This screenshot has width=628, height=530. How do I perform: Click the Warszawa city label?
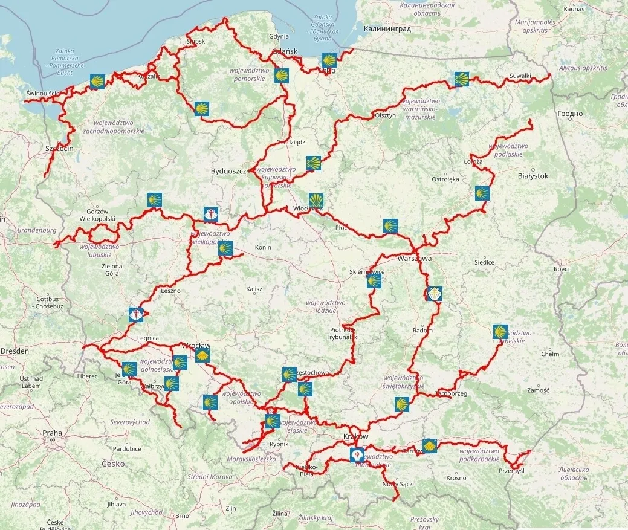coord(415,258)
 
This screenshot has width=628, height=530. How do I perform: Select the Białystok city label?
coord(533,176)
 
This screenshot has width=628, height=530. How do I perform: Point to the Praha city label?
coord(52,433)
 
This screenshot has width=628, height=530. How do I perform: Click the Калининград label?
coord(387,28)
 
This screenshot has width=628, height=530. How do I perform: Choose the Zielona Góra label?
coord(111,270)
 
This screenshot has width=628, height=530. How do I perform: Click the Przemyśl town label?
coord(511,471)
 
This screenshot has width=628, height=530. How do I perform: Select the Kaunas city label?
coord(573,9)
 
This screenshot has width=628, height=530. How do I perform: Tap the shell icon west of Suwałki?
coord(462,79)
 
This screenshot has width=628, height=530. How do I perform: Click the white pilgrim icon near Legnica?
coord(137,315)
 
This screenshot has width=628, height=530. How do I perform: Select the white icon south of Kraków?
coord(357,453)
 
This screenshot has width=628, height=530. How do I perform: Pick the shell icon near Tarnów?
coord(429,446)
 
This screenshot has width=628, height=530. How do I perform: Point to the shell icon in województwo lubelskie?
coord(500,332)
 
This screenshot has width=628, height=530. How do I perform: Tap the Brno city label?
coord(182,515)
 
